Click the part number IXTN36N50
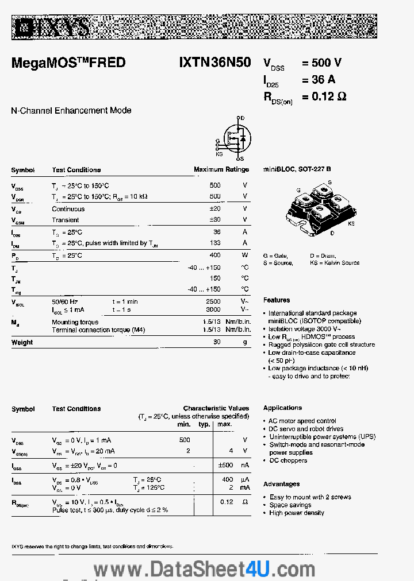tap(214, 63)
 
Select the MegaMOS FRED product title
tap(68, 63)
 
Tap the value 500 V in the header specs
tap(322, 63)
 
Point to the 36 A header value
tap(319, 79)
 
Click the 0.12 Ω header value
tap(325, 96)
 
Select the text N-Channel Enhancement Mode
tap(71, 110)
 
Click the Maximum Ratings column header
tap(221, 170)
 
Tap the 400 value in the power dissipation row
tap(214, 255)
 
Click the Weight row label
tap(22, 343)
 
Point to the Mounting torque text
tap(75, 323)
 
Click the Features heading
tap(277, 300)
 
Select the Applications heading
tap(282, 408)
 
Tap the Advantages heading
tap(281, 484)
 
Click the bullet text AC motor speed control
tap(302, 421)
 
